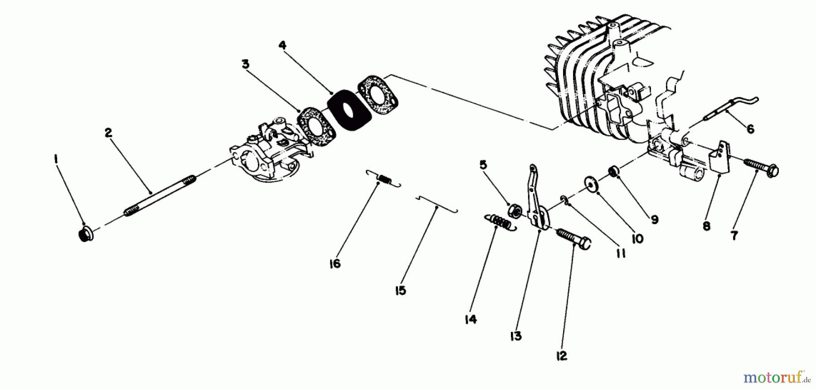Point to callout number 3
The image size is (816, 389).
[x=245, y=64]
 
